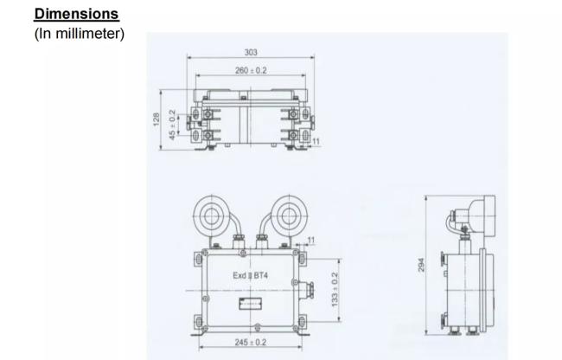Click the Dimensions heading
click(x=76, y=14)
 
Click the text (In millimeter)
click(x=80, y=34)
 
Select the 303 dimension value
click(x=251, y=52)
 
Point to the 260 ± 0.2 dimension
click(x=251, y=71)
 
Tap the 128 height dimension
click(x=156, y=119)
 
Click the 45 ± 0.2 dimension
click(x=172, y=125)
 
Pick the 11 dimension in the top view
click(x=316, y=142)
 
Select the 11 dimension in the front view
click(x=311, y=241)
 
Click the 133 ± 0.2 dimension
click(x=335, y=290)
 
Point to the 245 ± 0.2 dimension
click(x=251, y=343)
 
